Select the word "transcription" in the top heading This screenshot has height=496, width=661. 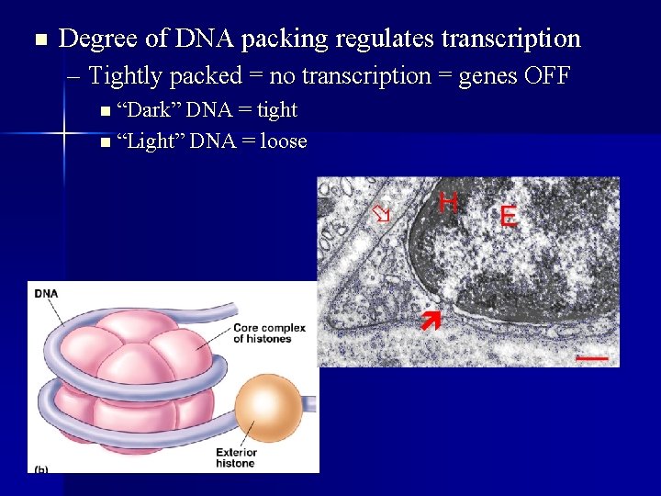510,39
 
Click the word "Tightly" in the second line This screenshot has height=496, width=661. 126,75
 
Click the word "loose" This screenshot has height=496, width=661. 284,141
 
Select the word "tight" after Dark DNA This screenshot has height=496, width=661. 277,110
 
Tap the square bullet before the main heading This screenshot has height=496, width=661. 38,39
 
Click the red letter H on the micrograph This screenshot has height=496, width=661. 448,202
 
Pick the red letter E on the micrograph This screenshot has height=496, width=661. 508,217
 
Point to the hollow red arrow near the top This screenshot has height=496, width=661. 381,214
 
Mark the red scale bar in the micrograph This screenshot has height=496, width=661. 593,355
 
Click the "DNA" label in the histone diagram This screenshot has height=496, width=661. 46,294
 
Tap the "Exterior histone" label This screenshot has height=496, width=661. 236,457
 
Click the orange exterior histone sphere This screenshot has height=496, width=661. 265,405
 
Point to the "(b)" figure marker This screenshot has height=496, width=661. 40,468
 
